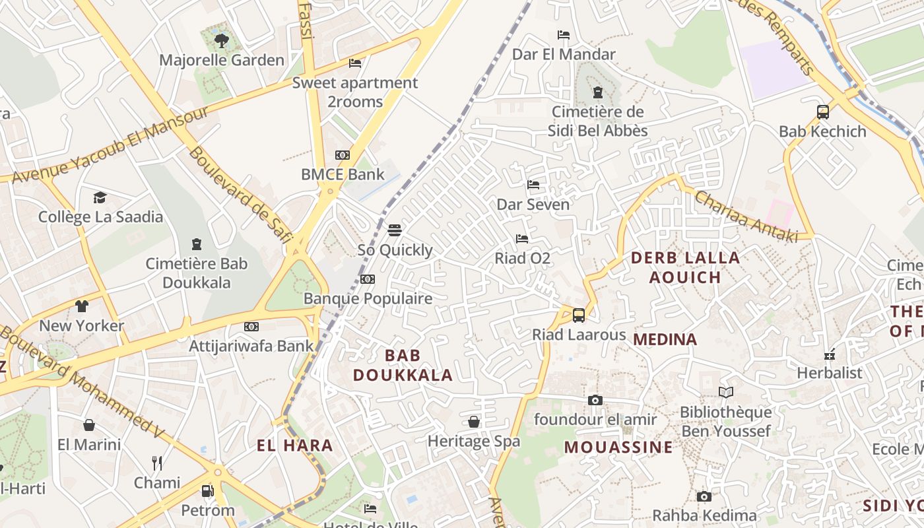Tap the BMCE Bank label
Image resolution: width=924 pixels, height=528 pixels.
pyautogui.click(x=343, y=174)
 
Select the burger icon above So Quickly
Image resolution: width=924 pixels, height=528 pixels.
pyautogui.click(x=395, y=230)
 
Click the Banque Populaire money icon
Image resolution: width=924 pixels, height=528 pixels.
pyautogui.click(x=368, y=279)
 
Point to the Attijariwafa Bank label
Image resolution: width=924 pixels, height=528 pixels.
pyautogui.click(x=251, y=346)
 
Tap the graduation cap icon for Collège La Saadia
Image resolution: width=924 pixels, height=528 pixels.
pyautogui.click(x=100, y=197)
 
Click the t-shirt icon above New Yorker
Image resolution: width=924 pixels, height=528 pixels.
pyautogui.click(x=81, y=306)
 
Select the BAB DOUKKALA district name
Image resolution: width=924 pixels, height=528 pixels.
pyautogui.click(x=403, y=365)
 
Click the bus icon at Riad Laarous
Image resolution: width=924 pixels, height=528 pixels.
pyautogui.click(x=579, y=315)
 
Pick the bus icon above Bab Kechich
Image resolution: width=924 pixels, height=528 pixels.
pyautogui.click(x=822, y=112)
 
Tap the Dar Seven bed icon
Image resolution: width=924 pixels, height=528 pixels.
pyautogui.click(x=533, y=185)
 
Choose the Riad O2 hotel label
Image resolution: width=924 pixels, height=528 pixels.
pyautogui.click(x=522, y=258)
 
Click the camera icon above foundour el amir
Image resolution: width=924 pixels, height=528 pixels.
pyautogui.click(x=595, y=400)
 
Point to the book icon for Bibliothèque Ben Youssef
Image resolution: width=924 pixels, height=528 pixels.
pyautogui.click(x=726, y=392)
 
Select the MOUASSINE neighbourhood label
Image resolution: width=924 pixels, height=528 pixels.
pyautogui.click(x=618, y=447)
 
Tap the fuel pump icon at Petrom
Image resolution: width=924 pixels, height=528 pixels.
pyautogui.click(x=208, y=491)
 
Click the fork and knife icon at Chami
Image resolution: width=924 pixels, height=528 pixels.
pyautogui.click(x=157, y=463)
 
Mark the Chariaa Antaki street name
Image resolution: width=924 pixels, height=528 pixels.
pyautogui.click(x=746, y=216)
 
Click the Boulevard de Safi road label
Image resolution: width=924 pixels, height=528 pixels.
pyautogui.click(x=240, y=195)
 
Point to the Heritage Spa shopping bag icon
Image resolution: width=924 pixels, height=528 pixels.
pyautogui.click(x=474, y=421)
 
